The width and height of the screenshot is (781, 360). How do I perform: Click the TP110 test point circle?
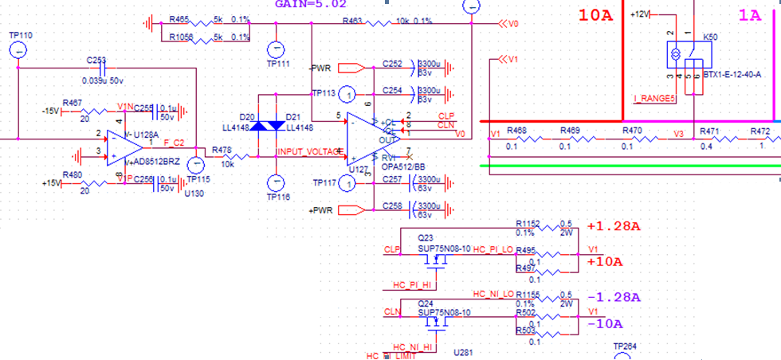click(x=20, y=50)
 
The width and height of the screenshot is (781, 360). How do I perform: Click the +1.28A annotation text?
click(x=613, y=226)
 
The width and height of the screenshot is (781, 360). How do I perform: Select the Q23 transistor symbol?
click(x=434, y=259)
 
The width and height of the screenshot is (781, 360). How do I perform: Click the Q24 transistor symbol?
click(x=434, y=323)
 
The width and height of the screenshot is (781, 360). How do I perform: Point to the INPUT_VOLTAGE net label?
click(x=308, y=151)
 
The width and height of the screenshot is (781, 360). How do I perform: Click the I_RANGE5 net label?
click(x=653, y=99)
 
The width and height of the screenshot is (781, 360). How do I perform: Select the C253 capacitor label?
click(x=96, y=61)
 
